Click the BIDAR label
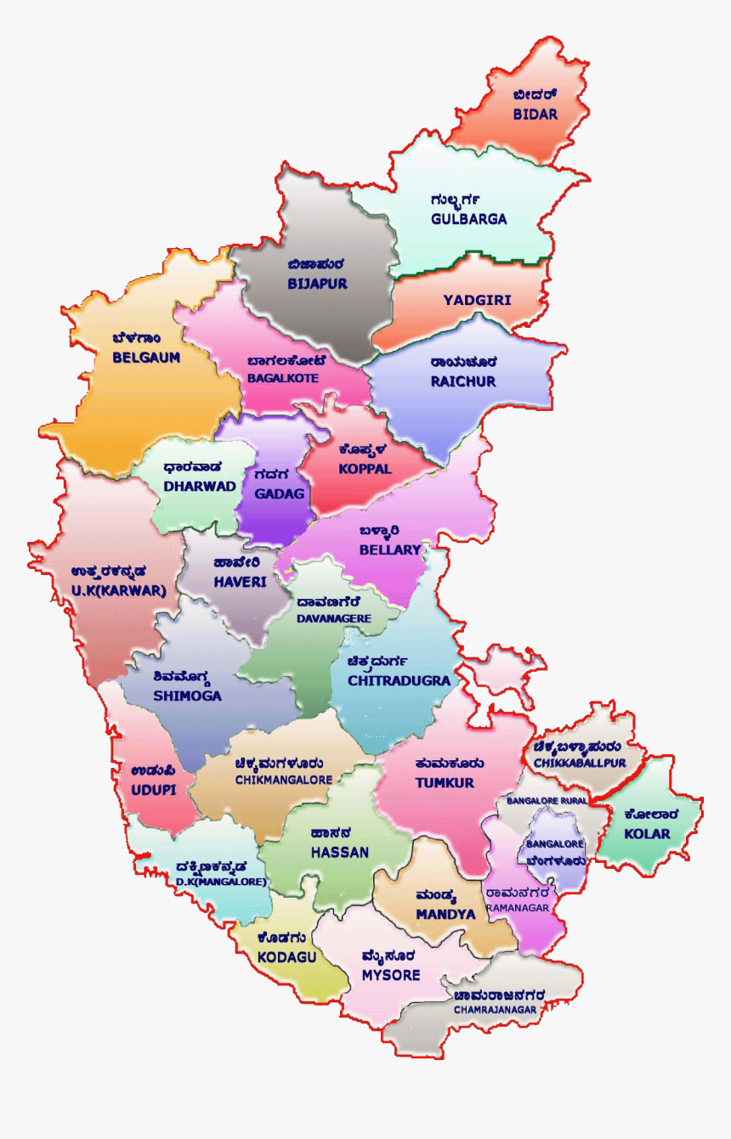click(535, 114)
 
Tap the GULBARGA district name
click(468, 219)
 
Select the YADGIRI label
click(477, 301)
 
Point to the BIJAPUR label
click(317, 284)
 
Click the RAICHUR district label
click(462, 382)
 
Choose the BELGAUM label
click(146, 358)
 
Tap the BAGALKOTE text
click(283, 377)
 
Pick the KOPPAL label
click(365, 469)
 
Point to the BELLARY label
click(390, 550)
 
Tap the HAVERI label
click(240, 583)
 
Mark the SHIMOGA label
click(187, 696)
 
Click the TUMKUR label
click(445, 782)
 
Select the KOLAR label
click(647, 834)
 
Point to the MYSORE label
click(391, 975)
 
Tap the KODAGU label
click(286, 956)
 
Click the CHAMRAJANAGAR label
click(495, 1010)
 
